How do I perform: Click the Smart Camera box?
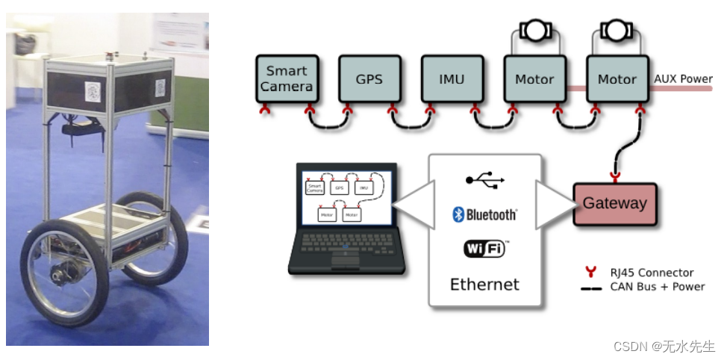(x=287, y=79)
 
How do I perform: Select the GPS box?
(x=369, y=79)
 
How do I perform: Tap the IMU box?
(x=452, y=79)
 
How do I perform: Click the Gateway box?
(x=614, y=203)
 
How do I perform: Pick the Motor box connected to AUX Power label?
(x=617, y=79)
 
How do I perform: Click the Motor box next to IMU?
(x=534, y=79)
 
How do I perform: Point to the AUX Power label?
(x=683, y=78)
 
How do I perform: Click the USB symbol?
(x=485, y=180)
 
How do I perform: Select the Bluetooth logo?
(x=484, y=215)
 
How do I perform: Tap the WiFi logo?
(x=485, y=249)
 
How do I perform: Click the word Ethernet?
(x=484, y=284)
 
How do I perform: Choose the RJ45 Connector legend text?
(x=652, y=273)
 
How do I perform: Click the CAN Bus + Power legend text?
(x=657, y=286)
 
